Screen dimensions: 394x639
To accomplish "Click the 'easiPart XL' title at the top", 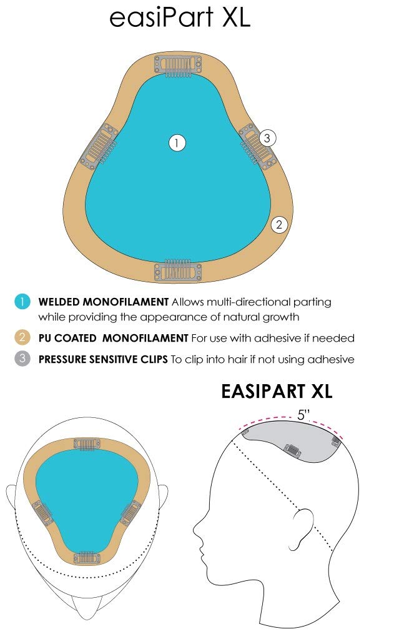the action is point(180,17).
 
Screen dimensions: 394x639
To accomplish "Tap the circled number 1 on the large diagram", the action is point(177,143).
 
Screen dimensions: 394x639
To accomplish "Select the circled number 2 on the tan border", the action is point(279,224).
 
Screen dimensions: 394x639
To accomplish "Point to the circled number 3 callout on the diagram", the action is point(267,138).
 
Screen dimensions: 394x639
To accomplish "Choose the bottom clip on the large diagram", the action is point(178,270).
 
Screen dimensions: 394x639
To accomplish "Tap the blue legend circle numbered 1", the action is point(22,302).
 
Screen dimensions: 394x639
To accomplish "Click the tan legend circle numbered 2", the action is point(22,337).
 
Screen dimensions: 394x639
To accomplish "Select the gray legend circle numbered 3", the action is point(22,359).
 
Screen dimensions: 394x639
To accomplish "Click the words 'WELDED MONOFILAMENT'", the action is point(104,302).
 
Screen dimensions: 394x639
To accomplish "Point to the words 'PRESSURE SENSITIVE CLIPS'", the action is point(103,359).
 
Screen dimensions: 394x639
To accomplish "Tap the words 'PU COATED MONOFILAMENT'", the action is point(113,339).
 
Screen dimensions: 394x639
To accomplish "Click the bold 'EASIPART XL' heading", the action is point(277,391).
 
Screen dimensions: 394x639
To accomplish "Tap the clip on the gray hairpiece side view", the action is point(292,450).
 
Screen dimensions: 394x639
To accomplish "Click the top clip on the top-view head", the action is point(87,443).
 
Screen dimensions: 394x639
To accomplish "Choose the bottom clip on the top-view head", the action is point(87,558).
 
